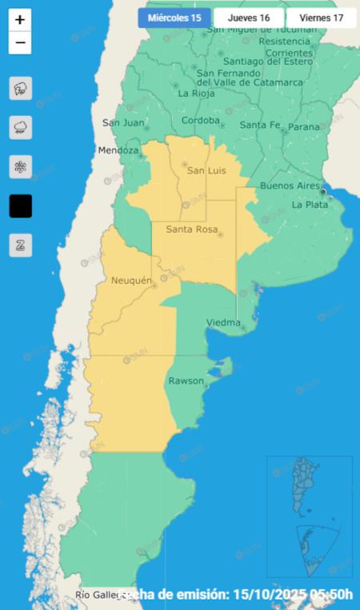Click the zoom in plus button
click(20, 20)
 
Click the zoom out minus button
click(20, 42)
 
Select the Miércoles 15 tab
click(174, 18)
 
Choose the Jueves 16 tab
click(249, 18)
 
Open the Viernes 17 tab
click(316, 18)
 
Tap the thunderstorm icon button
click(20, 88)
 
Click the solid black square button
click(20, 205)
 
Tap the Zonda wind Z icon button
click(20, 245)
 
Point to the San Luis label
click(206, 170)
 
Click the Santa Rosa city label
click(191, 230)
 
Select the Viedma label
click(223, 323)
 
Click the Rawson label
click(186, 381)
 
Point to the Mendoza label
click(118, 150)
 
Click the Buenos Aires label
click(290, 185)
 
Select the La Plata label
click(309, 205)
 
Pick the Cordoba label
click(201, 121)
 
